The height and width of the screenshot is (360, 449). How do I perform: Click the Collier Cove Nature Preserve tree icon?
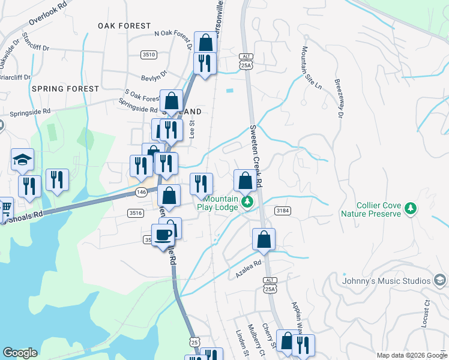[x=411, y=208]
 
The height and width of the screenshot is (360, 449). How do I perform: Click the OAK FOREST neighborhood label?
[x=125, y=26]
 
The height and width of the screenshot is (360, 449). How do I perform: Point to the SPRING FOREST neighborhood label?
[x=65, y=89]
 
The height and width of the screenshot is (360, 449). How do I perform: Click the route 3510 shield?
[x=149, y=55]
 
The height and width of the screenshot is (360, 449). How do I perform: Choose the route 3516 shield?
[x=135, y=212]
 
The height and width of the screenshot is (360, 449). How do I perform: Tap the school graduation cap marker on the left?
[x=22, y=160]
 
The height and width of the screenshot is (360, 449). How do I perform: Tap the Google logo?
[x=20, y=353]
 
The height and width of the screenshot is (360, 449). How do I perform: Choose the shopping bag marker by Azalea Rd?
[x=264, y=239]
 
